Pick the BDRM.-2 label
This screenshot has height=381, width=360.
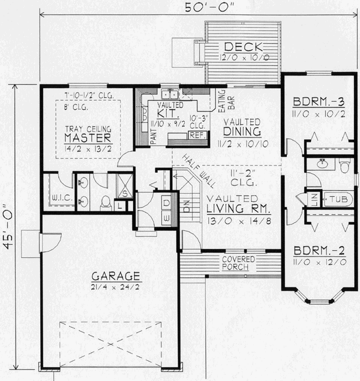tap(316, 251)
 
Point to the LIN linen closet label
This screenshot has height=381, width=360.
tap(314, 198)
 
